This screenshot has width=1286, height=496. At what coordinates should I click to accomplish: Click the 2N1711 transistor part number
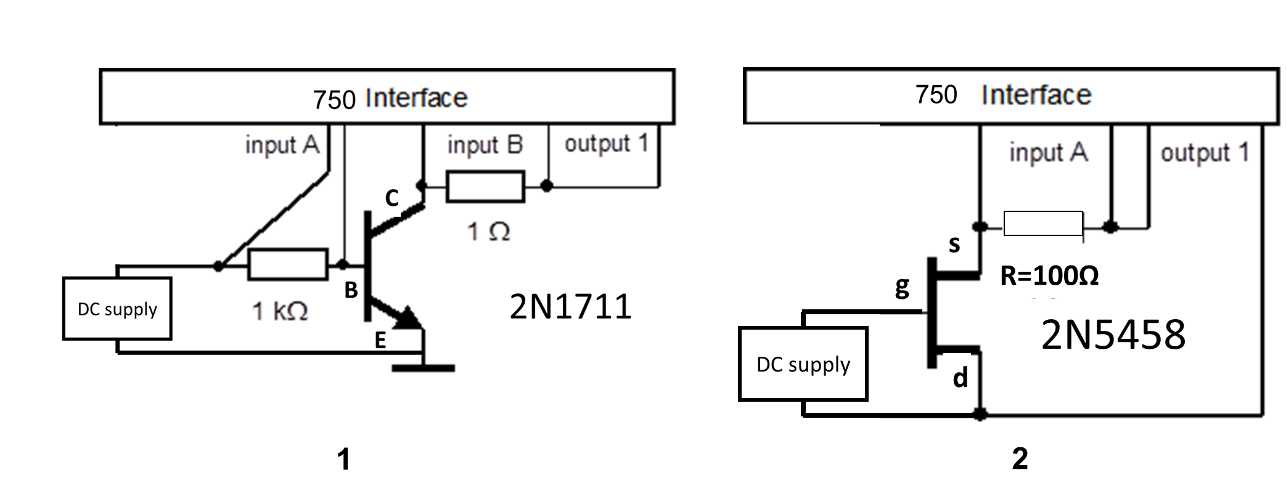[570, 307]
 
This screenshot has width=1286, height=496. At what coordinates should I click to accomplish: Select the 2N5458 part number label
[1113, 335]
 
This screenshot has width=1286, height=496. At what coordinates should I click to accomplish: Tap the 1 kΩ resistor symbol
[287, 265]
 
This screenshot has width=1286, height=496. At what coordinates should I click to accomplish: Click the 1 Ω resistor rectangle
[485, 186]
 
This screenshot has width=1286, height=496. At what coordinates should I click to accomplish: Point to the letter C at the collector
[391, 198]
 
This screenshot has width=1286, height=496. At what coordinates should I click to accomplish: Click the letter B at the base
[351, 290]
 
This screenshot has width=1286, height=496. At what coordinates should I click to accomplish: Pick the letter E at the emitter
[380, 339]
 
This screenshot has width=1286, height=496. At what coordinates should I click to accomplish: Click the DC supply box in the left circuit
[117, 308]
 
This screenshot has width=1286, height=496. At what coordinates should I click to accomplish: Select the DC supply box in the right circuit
[803, 364]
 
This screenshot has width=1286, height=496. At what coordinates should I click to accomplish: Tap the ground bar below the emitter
[423, 368]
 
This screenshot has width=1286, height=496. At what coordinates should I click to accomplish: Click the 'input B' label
[485, 145]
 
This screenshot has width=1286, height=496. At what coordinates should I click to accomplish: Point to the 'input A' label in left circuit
[282, 145]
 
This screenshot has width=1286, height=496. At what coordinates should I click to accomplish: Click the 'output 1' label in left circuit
[606, 144]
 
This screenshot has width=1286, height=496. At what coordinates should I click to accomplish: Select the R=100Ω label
[1049, 276]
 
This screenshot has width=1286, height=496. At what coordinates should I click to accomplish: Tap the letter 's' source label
[954, 244]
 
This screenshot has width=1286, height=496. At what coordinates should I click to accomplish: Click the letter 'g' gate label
[901, 286]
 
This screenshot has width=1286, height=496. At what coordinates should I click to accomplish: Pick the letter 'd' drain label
[959, 377]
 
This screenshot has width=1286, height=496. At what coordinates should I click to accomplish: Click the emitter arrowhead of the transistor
[410, 317]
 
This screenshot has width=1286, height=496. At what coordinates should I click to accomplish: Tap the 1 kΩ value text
[280, 312]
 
